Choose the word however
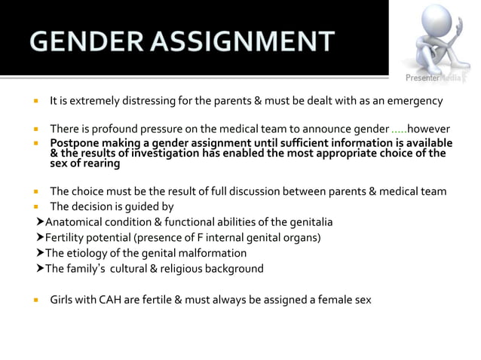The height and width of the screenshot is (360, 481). coord(428,129)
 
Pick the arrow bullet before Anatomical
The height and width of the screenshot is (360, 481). coord(40,222)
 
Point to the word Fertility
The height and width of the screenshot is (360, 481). coord(66,238)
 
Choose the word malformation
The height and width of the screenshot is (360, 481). coord(214,253)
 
